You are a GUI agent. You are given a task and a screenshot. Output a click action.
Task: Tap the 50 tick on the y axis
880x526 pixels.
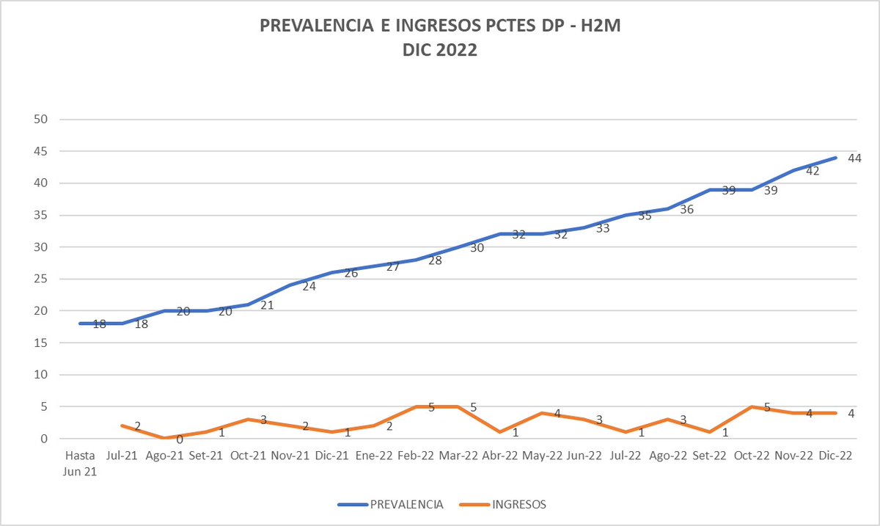pyautogui.click(x=43, y=120)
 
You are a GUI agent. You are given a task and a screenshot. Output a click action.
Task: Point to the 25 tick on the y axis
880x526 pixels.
pyautogui.click(x=43, y=279)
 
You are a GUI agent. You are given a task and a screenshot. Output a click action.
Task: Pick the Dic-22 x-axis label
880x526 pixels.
pyautogui.click(x=835, y=456)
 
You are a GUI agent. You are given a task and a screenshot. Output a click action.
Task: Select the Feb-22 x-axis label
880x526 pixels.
pyautogui.click(x=417, y=456)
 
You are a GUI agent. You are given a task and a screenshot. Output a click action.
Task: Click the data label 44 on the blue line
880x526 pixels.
pyautogui.click(x=854, y=158)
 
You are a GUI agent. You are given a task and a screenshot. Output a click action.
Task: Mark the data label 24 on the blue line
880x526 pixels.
pyautogui.click(x=309, y=285)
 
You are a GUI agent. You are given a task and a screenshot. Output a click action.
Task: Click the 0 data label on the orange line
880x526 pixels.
pyautogui.click(x=179, y=439)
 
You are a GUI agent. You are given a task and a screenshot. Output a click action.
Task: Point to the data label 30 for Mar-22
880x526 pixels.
pyautogui.click(x=477, y=247)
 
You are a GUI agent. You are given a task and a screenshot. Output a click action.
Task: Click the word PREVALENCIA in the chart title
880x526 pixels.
pyautogui.click(x=317, y=28)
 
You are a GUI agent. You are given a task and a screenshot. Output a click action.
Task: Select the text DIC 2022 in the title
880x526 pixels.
pyautogui.click(x=440, y=51)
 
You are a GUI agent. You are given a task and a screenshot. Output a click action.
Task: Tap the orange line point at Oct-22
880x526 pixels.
pyautogui.click(x=752, y=406)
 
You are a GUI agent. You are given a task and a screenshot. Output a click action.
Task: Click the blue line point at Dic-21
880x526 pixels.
pyautogui.click(x=332, y=273)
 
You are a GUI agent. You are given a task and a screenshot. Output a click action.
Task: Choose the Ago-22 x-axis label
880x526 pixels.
pyautogui.click(x=668, y=456)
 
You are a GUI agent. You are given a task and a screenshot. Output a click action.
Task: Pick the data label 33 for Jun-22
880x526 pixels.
pyautogui.click(x=603, y=228)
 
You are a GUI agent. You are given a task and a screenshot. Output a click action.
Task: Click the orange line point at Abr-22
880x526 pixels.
pyautogui.click(x=500, y=432)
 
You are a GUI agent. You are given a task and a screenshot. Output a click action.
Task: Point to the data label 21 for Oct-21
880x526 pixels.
pyautogui.click(x=267, y=304)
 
